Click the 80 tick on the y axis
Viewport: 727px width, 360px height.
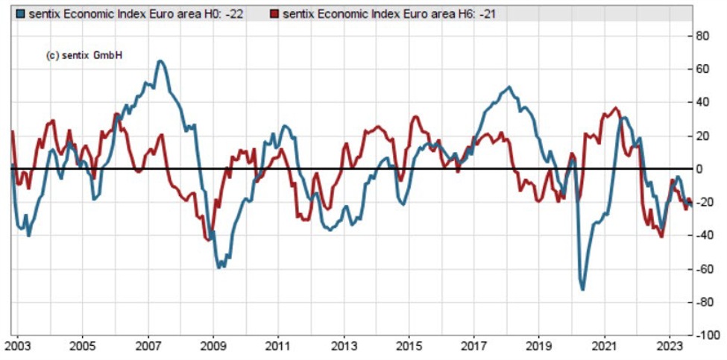coord(702,35)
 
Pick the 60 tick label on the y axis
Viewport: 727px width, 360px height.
coord(702,69)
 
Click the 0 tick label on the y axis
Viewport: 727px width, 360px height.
coord(699,169)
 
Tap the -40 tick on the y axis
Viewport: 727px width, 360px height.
coord(701,236)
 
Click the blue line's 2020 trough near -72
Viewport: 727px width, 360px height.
coord(582,289)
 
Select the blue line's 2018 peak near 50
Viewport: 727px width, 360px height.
coord(509,87)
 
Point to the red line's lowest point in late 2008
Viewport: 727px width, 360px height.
coord(209,240)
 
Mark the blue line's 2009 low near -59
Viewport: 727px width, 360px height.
coord(219,267)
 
